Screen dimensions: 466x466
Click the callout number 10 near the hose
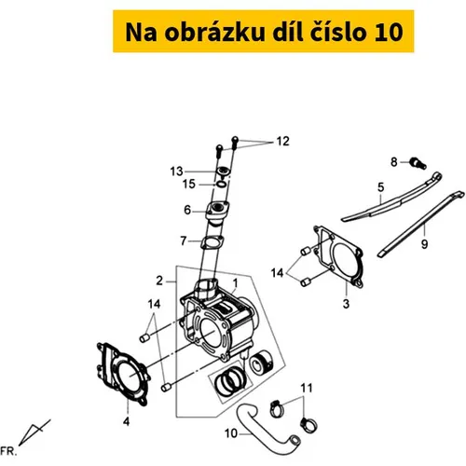click(x=231, y=433)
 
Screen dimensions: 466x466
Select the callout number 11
click(x=306, y=388)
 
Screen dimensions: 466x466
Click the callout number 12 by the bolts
click(x=282, y=142)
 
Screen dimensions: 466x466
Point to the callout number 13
click(x=176, y=171)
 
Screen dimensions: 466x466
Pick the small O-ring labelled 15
click(x=221, y=185)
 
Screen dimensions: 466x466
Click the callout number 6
click(x=187, y=210)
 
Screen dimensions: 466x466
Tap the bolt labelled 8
click(x=418, y=163)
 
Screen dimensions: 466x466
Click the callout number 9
click(x=424, y=244)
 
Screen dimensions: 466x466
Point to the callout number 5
click(x=381, y=187)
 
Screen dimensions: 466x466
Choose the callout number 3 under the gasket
click(x=346, y=304)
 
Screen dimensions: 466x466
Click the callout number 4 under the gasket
click(x=126, y=421)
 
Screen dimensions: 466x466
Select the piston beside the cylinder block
click(x=261, y=363)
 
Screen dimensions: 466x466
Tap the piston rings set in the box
click(x=231, y=383)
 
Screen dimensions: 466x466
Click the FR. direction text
click(x=8, y=451)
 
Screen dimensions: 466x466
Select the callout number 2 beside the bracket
click(x=159, y=281)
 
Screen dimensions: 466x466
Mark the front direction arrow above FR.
click(x=33, y=433)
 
